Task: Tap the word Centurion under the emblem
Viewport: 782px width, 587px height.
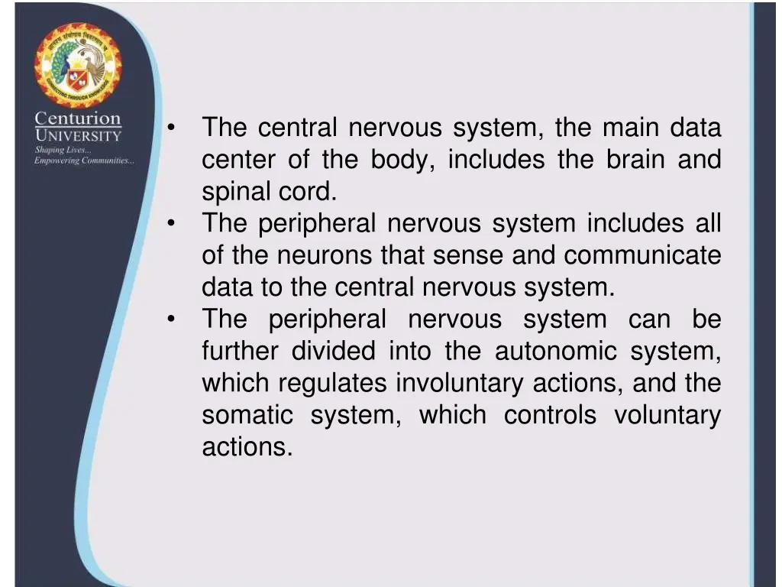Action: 78,119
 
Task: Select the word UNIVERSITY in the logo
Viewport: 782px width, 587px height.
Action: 78,136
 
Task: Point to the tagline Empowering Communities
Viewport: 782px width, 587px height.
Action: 84,161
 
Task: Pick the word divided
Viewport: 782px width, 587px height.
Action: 333,352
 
